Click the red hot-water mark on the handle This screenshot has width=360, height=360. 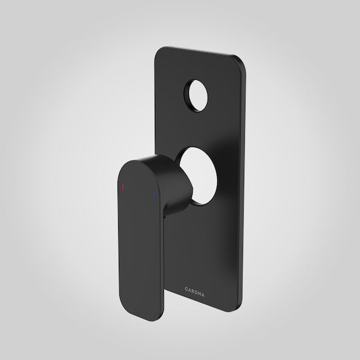coord(123,188)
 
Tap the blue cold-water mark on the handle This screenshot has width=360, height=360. coord(154,196)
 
